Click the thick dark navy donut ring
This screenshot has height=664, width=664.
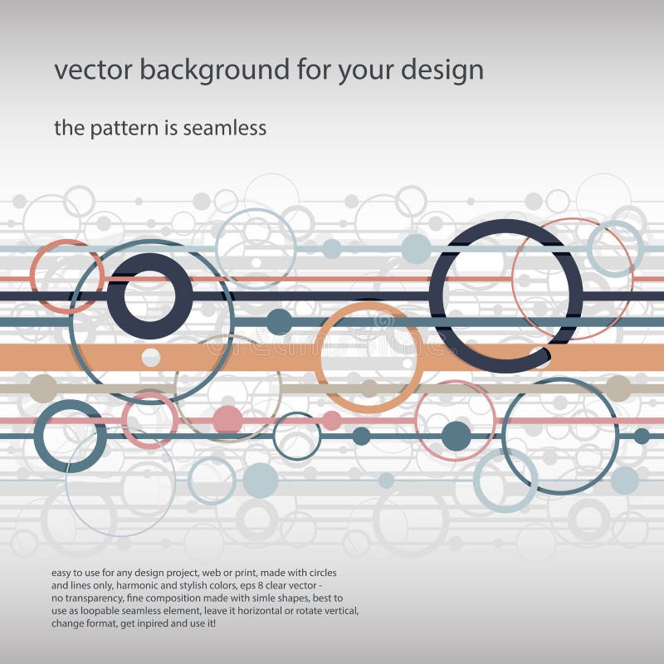coord(149,295)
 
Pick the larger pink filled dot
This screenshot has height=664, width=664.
coord(227,419)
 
